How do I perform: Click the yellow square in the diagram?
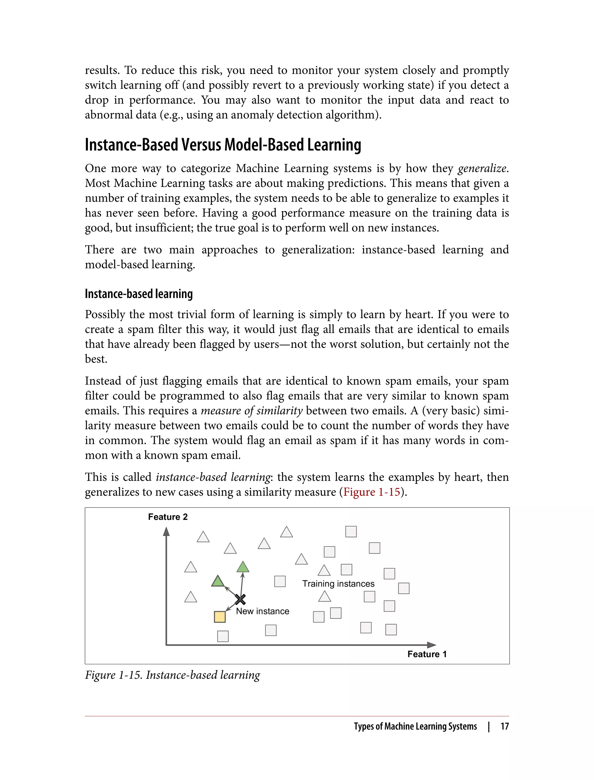pyautogui.click(x=220, y=617)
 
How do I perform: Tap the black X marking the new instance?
pyautogui.click(x=240, y=599)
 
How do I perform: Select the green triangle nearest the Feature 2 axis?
pyautogui.click(x=218, y=581)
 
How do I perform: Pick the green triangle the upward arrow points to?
pyautogui.click(x=242, y=567)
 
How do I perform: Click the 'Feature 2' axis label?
pyautogui.click(x=168, y=517)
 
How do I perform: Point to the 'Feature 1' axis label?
pyautogui.click(x=427, y=654)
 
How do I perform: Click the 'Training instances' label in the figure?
pyautogui.click(x=338, y=584)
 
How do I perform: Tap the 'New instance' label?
pyautogui.click(x=262, y=611)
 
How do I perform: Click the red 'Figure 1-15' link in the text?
pyautogui.click(x=371, y=492)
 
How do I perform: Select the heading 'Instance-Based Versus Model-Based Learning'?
pyautogui.click(x=223, y=145)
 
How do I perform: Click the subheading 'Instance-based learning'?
pyautogui.click(x=139, y=294)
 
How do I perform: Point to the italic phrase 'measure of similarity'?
pyautogui.click(x=251, y=411)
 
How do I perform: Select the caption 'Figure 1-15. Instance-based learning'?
pyautogui.click(x=172, y=675)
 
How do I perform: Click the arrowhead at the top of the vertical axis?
pyautogui.click(x=166, y=532)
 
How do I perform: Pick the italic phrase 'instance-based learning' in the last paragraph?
pyautogui.click(x=213, y=477)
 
